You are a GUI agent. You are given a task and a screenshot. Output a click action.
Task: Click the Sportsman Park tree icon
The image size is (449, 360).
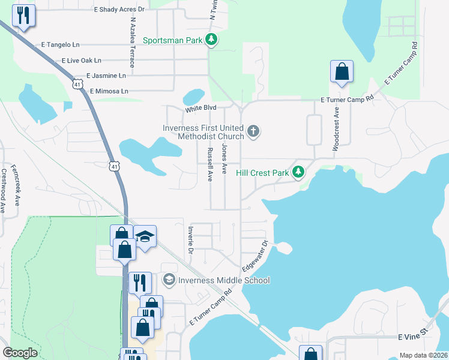(x=211, y=40)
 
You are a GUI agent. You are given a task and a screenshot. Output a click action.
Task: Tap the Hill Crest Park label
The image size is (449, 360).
(x=262, y=173)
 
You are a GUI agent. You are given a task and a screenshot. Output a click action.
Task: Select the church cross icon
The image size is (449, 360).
(x=253, y=130)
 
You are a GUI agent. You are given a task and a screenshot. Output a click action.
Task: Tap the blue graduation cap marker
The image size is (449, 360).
(x=145, y=236)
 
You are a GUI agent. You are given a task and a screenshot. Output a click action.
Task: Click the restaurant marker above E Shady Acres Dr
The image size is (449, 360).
(x=23, y=16)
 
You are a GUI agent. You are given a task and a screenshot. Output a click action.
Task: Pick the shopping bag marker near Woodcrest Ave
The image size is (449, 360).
(x=342, y=71)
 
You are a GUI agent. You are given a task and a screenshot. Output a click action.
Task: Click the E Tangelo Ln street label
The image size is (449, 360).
(x=60, y=44)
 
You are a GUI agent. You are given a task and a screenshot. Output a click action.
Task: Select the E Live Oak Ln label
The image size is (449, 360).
(x=81, y=61)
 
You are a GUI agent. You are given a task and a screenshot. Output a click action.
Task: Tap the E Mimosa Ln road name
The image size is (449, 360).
(x=109, y=91)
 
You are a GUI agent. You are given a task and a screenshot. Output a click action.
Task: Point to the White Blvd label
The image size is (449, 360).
(x=200, y=109)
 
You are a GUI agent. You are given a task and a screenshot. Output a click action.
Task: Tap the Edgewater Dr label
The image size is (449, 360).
(x=254, y=256)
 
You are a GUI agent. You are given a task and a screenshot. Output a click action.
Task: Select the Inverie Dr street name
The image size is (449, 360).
(x=189, y=241)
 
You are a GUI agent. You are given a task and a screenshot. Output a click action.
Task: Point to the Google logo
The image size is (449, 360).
(x=20, y=353)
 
